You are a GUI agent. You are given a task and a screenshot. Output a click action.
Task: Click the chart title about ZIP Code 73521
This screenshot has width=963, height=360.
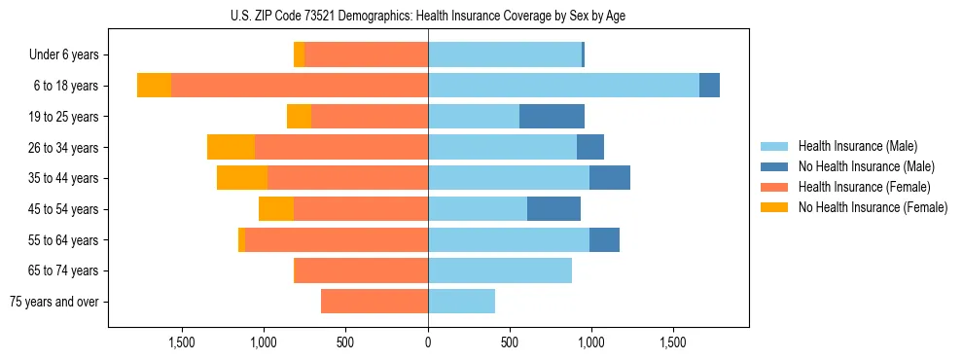[x=428, y=15]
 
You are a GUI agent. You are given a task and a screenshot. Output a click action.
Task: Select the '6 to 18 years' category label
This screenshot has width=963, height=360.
[x=66, y=86]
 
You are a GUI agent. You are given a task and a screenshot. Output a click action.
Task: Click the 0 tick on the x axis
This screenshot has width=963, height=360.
[x=428, y=342]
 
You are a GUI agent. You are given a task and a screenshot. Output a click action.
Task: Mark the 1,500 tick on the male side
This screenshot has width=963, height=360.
[x=673, y=342]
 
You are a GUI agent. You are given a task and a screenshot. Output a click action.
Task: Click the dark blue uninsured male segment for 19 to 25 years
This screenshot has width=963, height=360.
[x=552, y=117]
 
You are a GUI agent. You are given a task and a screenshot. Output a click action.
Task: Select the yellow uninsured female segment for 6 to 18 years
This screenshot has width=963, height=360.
[x=154, y=86]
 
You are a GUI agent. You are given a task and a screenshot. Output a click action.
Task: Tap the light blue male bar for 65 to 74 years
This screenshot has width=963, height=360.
[x=500, y=270]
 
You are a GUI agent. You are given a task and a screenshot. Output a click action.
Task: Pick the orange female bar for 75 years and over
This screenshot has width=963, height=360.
[x=374, y=302]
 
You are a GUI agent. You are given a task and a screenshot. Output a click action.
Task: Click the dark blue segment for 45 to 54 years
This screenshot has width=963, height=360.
[x=553, y=209]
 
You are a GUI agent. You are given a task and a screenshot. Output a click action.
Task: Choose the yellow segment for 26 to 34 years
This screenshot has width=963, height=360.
[x=231, y=147]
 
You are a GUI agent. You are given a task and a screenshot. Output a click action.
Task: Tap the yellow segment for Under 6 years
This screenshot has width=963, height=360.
[x=299, y=55]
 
